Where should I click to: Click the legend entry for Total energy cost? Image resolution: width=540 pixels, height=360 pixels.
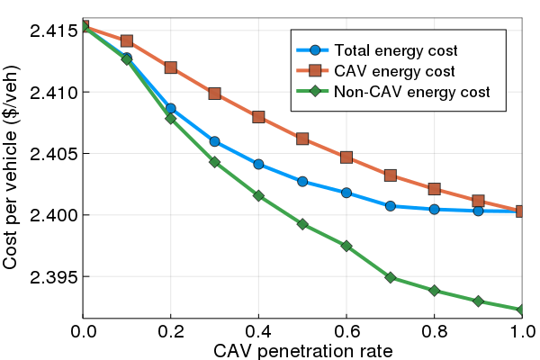coord(396,49)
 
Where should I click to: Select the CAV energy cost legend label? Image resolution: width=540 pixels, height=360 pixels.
coord(393,70)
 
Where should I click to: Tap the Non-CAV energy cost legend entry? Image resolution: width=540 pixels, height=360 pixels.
coord(411,92)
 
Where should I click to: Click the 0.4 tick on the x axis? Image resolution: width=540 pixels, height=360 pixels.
coord(258,330)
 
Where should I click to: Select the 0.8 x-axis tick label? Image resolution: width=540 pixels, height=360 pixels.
coord(435,330)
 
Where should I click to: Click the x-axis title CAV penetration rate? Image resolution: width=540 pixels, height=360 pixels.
coord(302,349)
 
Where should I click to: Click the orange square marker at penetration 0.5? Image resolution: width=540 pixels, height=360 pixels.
coord(302,139)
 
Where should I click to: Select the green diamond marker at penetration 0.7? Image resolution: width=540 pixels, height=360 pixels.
coord(391,277)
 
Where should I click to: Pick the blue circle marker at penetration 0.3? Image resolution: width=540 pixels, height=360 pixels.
coord(214,141)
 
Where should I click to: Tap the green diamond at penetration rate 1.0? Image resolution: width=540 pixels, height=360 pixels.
coord(522,310)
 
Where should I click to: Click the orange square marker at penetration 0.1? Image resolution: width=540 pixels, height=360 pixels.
coord(127,40)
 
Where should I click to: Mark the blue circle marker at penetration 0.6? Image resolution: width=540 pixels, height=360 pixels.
coord(346,193)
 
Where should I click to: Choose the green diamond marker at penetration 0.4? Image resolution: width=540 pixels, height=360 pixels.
coord(258,195)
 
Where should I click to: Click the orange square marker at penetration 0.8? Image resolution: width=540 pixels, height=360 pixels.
coord(435,189)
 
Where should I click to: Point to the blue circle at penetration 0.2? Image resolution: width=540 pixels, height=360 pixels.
coord(171,108)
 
